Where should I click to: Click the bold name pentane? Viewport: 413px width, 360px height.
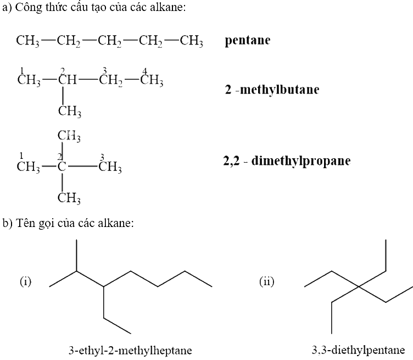click(248, 41)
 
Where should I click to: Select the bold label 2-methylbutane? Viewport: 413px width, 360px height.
click(272, 90)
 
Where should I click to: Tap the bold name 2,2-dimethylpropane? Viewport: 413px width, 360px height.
click(287, 161)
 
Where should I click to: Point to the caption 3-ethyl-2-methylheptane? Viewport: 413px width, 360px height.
click(130, 351)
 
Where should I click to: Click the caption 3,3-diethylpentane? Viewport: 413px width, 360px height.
click(359, 350)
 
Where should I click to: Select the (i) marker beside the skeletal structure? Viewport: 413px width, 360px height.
click(26, 281)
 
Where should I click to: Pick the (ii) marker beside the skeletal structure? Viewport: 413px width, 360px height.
click(266, 281)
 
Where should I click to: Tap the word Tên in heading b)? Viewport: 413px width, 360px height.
click(25, 223)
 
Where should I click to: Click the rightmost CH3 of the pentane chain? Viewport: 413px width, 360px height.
click(192, 41)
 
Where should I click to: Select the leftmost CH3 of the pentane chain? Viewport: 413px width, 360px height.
click(27, 41)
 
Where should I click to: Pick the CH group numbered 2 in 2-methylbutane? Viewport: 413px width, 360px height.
click(68, 80)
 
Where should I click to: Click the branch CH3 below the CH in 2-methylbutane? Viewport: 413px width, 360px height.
click(70, 111)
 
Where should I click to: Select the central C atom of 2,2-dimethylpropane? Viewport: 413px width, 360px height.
click(62, 167)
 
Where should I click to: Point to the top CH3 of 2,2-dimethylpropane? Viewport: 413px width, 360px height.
click(69, 136)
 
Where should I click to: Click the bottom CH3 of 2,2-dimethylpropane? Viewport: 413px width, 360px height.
click(69, 198)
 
